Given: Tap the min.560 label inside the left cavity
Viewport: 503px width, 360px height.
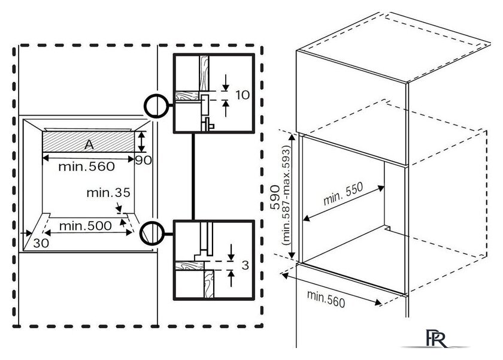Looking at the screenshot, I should (86, 167).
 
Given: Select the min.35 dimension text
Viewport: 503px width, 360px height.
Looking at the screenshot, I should (108, 193).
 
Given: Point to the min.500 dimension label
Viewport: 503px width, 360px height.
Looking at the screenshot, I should (85, 226).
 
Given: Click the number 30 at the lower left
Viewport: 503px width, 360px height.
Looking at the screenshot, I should (41, 243).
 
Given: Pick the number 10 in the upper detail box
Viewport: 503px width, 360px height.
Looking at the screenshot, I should (241, 94).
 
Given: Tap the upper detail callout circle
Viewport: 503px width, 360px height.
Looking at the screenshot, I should (156, 106).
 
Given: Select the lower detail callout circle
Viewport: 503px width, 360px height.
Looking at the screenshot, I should (151, 232).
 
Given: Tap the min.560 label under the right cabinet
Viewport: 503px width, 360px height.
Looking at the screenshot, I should (326, 298).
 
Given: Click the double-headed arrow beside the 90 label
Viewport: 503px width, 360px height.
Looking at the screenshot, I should (141, 142).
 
